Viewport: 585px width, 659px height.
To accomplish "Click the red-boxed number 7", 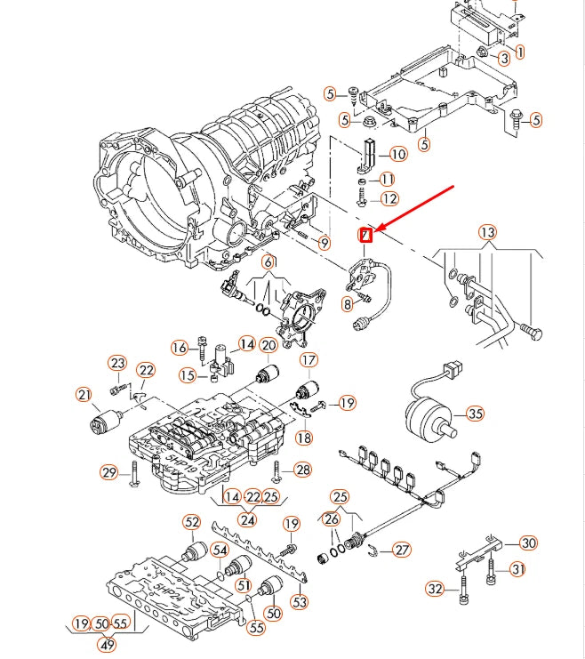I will (365, 235).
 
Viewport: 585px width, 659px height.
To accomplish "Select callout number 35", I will (476, 414).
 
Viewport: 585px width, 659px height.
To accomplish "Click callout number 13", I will (487, 234).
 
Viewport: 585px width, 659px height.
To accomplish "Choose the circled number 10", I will (397, 154).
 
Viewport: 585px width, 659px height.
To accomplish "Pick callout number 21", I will (84, 395).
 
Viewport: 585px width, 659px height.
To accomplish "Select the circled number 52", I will (192, 522).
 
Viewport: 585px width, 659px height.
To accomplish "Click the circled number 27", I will (402, 550).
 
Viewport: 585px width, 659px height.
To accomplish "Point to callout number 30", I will (528, 542).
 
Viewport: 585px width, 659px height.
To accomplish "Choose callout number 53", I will (301, 603).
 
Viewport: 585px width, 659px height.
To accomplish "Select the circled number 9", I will (324, 242).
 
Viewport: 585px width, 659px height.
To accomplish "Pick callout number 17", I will (308, 360).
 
